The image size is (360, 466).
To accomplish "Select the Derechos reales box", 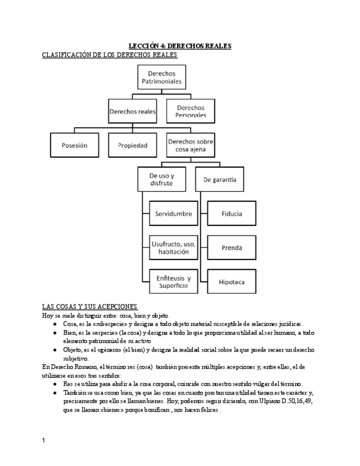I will [132, 111].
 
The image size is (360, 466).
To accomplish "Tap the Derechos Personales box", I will [191, 111].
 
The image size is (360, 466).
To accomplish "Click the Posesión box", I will [75, 146].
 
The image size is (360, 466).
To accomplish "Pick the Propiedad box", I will [132, 146].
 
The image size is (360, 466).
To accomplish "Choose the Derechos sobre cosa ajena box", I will [191, 146].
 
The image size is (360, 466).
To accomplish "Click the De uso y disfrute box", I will [161, 179].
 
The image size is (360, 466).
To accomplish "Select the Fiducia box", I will [231, 214].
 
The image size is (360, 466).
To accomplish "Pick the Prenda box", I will [231, 248].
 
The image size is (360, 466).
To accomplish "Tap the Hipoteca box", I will [231, 282].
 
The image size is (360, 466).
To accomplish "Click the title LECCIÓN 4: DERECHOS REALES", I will [180, 46].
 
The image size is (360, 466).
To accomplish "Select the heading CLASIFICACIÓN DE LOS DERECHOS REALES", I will [110, 55].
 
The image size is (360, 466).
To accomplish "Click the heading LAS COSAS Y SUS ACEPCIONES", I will [90, 306].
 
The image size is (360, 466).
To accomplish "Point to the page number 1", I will [44, 441].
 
